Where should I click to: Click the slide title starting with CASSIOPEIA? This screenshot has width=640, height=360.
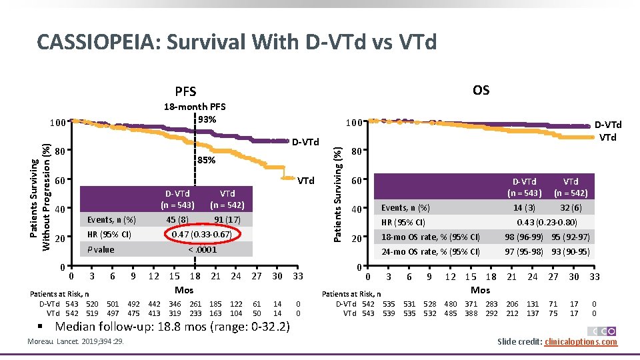(x=237, y=42)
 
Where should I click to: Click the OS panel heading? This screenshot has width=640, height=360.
(x=481, y=90)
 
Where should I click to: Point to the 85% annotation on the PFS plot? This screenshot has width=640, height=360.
(x=207, y=160)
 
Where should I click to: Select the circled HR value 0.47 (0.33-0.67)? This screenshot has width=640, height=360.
(x=201, y=235)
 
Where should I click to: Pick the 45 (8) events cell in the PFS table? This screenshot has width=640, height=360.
(x=177, y=220)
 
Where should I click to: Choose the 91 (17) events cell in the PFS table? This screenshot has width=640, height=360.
(x=227, y=220)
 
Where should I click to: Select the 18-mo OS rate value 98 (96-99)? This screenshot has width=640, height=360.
(x=524, y=237)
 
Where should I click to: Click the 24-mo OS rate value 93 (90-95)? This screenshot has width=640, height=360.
(x=571, y=252)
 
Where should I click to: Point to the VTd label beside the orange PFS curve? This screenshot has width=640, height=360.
(x=305, y=180)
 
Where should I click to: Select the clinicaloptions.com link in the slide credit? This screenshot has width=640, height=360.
(x=581, y=342)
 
